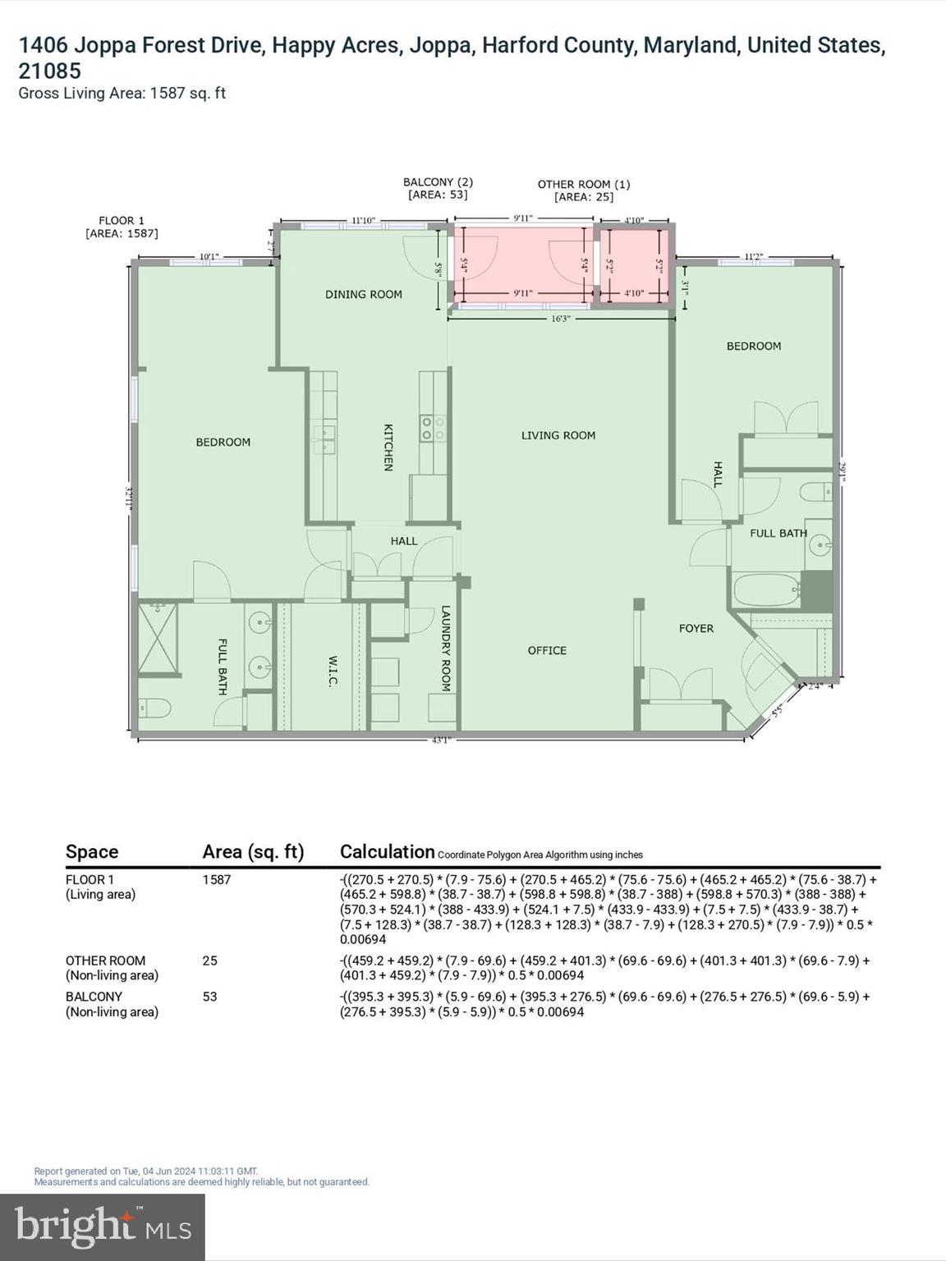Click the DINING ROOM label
[363, 294]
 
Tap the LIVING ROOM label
[558, 435]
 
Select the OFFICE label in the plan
[547, 650]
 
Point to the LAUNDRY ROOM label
[446, 649]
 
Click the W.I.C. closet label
[333, 670]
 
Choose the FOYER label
[696, 628]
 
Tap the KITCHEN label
[388, 447]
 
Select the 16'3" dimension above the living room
[560, 319]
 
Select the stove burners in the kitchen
[433, 429]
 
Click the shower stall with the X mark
[158, 638]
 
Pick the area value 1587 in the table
[217, 879]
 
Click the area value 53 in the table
[210, 997]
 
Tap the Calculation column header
[387, 851]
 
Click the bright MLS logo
[103, 1227]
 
